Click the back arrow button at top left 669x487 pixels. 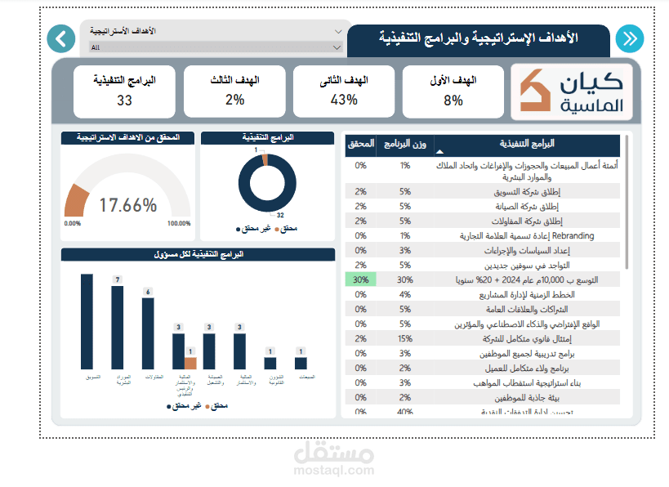(60, 38)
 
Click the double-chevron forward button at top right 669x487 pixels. (629, 38)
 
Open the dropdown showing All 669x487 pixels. (215, 47)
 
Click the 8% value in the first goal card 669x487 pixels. (453, 101)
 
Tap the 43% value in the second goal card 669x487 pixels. (343, 100)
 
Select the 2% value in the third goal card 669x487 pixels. (234, 100)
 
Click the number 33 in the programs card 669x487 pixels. (124, 101)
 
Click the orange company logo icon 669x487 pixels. (537, 91)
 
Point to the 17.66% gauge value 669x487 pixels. (127, 205)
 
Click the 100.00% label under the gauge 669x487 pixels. (178, 223)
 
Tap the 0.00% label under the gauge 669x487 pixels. (73, 223)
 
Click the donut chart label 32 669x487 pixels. (279, 215)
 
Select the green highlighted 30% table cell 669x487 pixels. (360, 279)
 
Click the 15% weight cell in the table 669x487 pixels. (405, 338)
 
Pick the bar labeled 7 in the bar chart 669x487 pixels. (117, 327)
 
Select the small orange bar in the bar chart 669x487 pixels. (190, 363)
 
